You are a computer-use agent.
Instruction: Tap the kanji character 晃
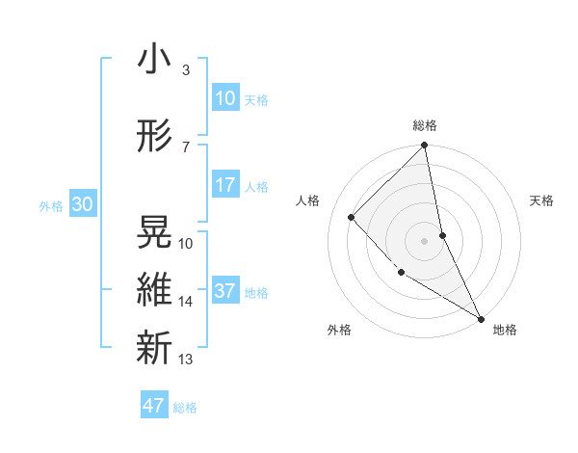click(154, 232)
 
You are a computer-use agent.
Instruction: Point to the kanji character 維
click(154, 289)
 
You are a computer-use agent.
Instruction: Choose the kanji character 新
click(154, 346)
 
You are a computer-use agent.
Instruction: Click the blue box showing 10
click(224, 98)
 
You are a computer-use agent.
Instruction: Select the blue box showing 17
click(224, 185)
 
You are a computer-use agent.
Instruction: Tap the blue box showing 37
click(224, 291)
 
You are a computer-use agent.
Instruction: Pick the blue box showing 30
click(82, 204)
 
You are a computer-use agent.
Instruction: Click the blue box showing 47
click(154, 406)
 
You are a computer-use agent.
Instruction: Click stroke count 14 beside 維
click(186, 302)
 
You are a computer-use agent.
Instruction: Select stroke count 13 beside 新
click(186, 360)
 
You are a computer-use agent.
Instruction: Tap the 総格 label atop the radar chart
click(425, 125)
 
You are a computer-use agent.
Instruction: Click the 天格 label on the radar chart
click(542, 200)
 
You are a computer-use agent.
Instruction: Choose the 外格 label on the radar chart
click(339, 330)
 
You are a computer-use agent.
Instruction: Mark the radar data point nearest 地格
click(481, 318)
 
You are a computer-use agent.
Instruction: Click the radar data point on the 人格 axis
click(352, 217)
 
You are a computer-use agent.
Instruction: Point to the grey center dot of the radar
click(425, 240)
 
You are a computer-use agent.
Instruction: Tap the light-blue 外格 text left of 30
click(51, 205)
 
